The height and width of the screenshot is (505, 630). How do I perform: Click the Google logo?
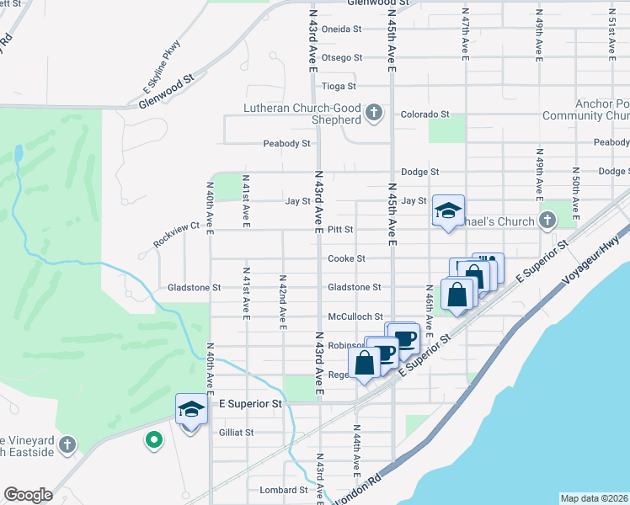click(x=28, y=495)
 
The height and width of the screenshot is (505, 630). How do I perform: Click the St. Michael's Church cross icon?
click(x=547, y=221)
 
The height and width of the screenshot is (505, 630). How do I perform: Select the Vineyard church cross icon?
click(x=68, y=444)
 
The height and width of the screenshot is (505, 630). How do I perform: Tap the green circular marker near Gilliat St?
click(x=153, y=439)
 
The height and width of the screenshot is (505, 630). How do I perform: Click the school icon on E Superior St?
click(x=191, y=410)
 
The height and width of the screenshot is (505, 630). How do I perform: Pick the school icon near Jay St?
click(x=448, y=211)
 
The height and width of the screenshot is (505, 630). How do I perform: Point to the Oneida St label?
click(x=342, y=29)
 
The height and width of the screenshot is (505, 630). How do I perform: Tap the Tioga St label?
click(x=340, y=86)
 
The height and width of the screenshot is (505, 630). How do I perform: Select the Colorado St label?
click(x=424, y=114)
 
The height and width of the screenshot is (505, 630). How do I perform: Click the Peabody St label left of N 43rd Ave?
click(x=286, y=144)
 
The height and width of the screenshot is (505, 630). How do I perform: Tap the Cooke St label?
click(x=346, y=258)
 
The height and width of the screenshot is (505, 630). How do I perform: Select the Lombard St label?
click(x=284, y=490)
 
